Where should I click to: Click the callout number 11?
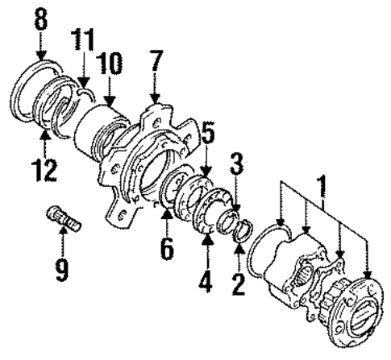[84, 38]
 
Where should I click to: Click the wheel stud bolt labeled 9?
[64, 217]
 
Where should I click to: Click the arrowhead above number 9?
[62, 235]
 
